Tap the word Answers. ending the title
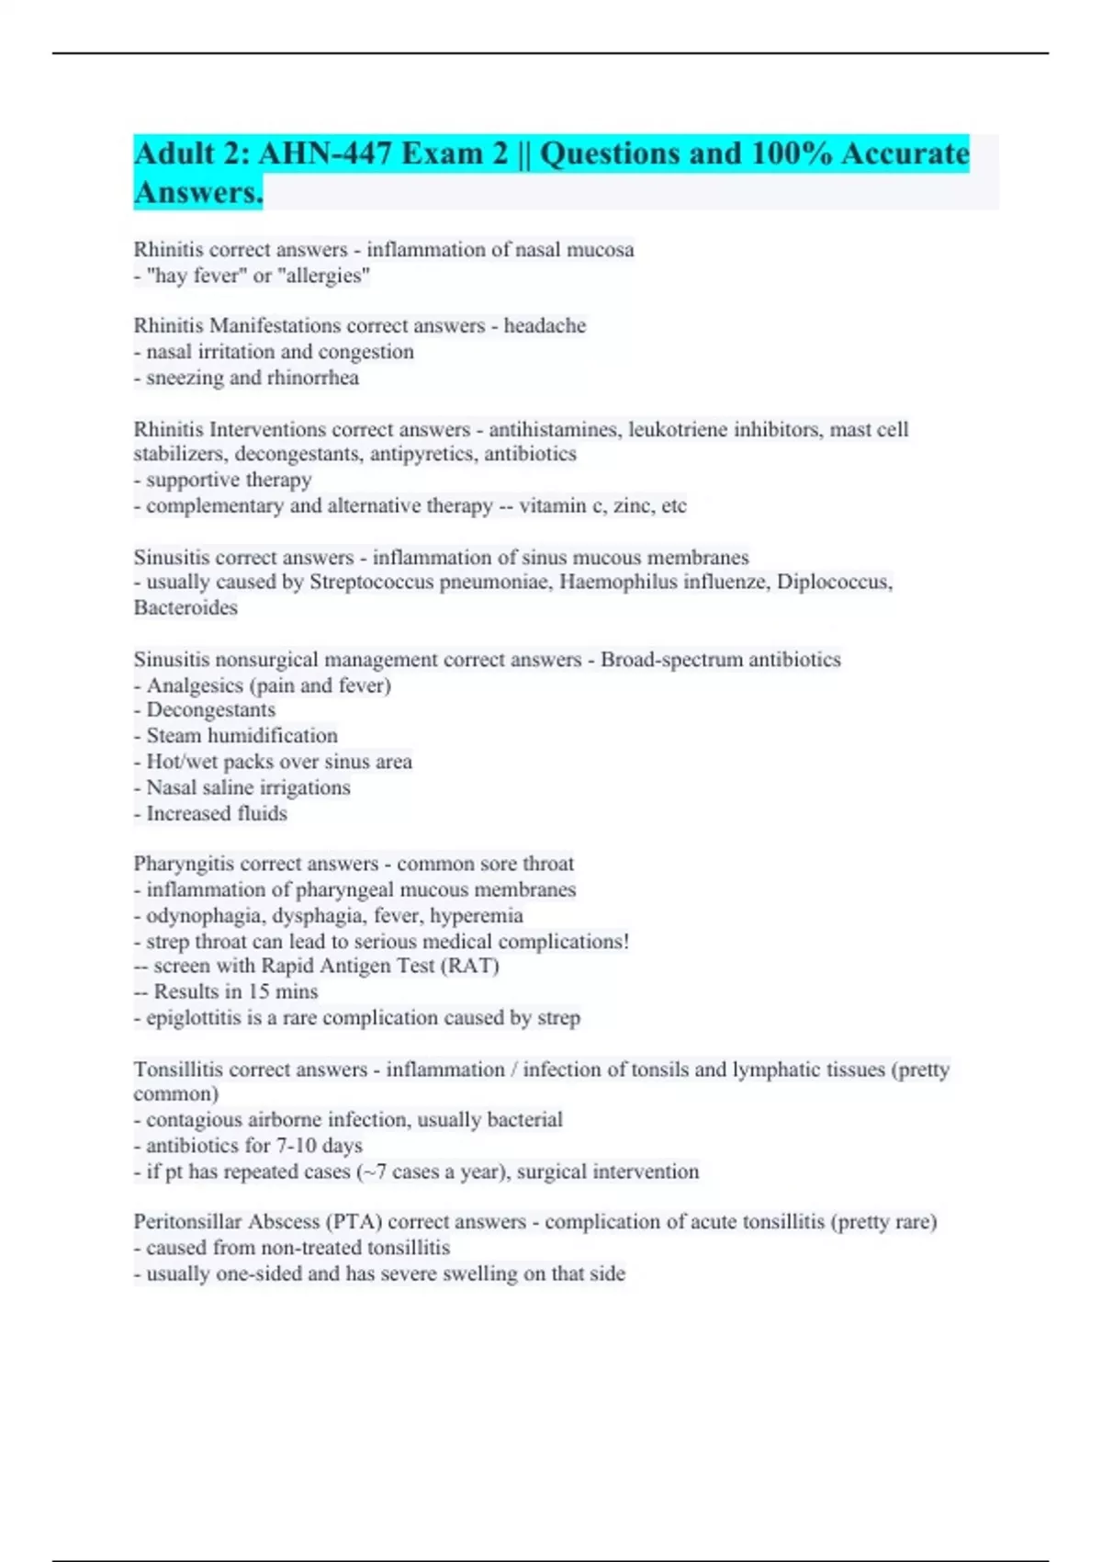pos(198,193)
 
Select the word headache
pos(545,326)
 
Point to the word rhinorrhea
pos(312,378)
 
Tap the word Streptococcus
pos(371,583)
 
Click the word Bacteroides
pos(186,608)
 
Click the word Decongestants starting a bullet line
pos(210,710)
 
